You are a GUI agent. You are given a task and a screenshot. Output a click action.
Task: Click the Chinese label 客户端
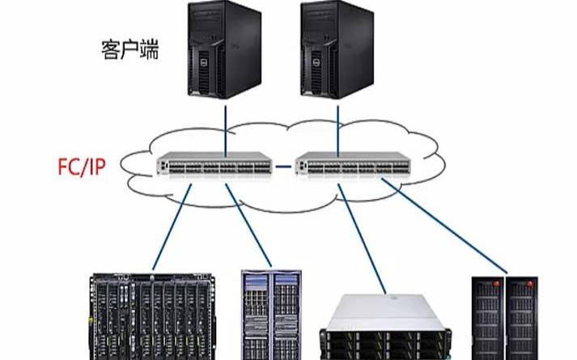point(130,50)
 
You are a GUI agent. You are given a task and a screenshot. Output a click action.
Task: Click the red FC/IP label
point(82,167)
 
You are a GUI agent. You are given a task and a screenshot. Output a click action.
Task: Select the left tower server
point(224,50)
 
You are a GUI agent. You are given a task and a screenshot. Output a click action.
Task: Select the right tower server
point(337,50)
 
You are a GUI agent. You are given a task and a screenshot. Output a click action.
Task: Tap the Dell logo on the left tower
point(202,62)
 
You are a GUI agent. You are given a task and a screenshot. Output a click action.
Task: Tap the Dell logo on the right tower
point(315,62)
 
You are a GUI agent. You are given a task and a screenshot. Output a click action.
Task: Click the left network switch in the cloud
point(214,164)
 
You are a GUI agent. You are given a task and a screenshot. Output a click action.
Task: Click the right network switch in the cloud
point(353,164)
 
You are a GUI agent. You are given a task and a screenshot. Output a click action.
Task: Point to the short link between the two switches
point(283,167)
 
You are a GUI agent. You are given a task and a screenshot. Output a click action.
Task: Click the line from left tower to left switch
point(226,129)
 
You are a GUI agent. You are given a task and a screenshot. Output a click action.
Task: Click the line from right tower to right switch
point(337,129)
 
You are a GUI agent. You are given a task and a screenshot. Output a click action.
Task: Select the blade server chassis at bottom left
point(152,316)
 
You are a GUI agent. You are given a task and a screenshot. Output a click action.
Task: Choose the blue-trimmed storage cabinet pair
point(271,315)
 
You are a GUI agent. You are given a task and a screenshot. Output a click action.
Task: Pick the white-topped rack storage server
point(386,327)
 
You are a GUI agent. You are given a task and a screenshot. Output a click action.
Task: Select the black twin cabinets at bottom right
point(505,318)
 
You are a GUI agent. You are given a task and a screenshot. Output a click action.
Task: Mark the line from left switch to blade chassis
point(172,227)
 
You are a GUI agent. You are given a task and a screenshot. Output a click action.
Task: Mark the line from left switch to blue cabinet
point(248,225)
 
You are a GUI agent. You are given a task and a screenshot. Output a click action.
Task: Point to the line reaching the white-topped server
point(362,239)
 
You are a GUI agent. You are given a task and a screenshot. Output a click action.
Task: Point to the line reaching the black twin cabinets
point(444,227)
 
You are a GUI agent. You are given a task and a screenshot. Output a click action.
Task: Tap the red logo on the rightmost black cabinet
point(529,284)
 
